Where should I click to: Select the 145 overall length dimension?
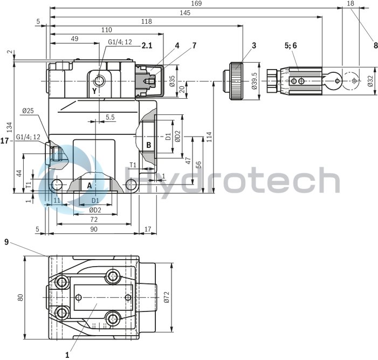coord(185,12)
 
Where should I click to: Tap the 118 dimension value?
coord(146,21)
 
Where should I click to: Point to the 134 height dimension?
coord(9,126)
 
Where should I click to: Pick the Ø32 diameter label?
coord(370,81)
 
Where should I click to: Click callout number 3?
coord(253,46)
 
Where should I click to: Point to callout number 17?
coord(5,141)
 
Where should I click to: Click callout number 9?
coord(6,242)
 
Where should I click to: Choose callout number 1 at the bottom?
coord(67,355)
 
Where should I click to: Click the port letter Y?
coord(94,91)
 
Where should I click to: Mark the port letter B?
coord(148,145)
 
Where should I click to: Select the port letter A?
coord(90,185)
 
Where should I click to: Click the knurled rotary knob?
coord(238,81)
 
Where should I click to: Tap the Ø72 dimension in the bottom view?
coord(167,296)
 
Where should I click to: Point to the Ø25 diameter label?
coord(28,111)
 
